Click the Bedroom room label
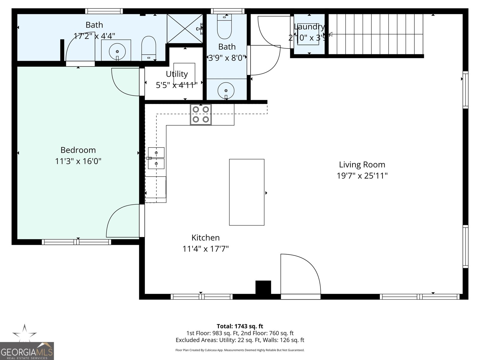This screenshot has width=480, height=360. coord(78,150)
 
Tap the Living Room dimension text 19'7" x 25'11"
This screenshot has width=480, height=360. coord(362,175)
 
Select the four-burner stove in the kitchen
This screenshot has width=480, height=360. coord(201,114)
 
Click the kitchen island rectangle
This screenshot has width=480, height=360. coord(247,192)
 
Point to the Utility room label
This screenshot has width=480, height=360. coord(177,74)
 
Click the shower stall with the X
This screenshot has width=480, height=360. coord(185,28)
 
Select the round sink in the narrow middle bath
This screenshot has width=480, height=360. coord(226,90)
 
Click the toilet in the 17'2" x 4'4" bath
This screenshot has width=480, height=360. coord(148,48)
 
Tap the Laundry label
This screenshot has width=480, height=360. coord(309,27)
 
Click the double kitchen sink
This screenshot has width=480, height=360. coord(156,158)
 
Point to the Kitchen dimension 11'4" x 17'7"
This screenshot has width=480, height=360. coord(205,249)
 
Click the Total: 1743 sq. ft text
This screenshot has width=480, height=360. coord(240,326)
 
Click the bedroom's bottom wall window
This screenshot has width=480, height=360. coord(76,242)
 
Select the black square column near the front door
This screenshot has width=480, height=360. coord(263,287)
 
